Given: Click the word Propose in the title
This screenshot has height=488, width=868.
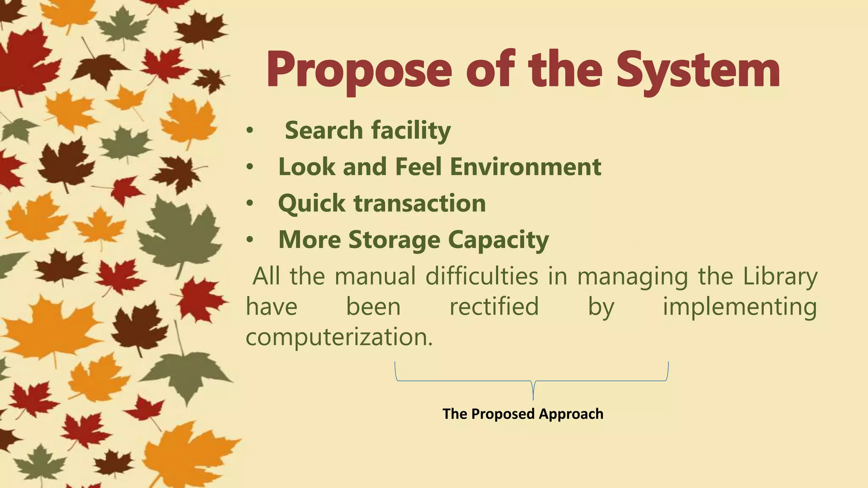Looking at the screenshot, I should pyautogui.click(x=359, y=70).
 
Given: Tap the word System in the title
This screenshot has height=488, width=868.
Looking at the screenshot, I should pyautogui.click(x=698, y=70).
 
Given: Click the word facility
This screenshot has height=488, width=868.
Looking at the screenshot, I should pyautogui.click(x=411, y=130).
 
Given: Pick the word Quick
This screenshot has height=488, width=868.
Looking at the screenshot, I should pyautogui.click(x=312, y=204).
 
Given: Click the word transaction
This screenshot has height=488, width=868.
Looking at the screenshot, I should pyautogui.click(x=420, y=203).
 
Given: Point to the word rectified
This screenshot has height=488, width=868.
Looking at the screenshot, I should pyautogui.click(x=494, y=307).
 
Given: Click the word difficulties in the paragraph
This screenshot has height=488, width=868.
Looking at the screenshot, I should pyautogui.click(x=481, y=276).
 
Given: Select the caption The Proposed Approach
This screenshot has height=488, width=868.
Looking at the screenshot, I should pyautogui.click(x=523, y=414).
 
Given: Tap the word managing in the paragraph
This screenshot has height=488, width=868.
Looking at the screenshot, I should pyautogui.click(x=632, y=277).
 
